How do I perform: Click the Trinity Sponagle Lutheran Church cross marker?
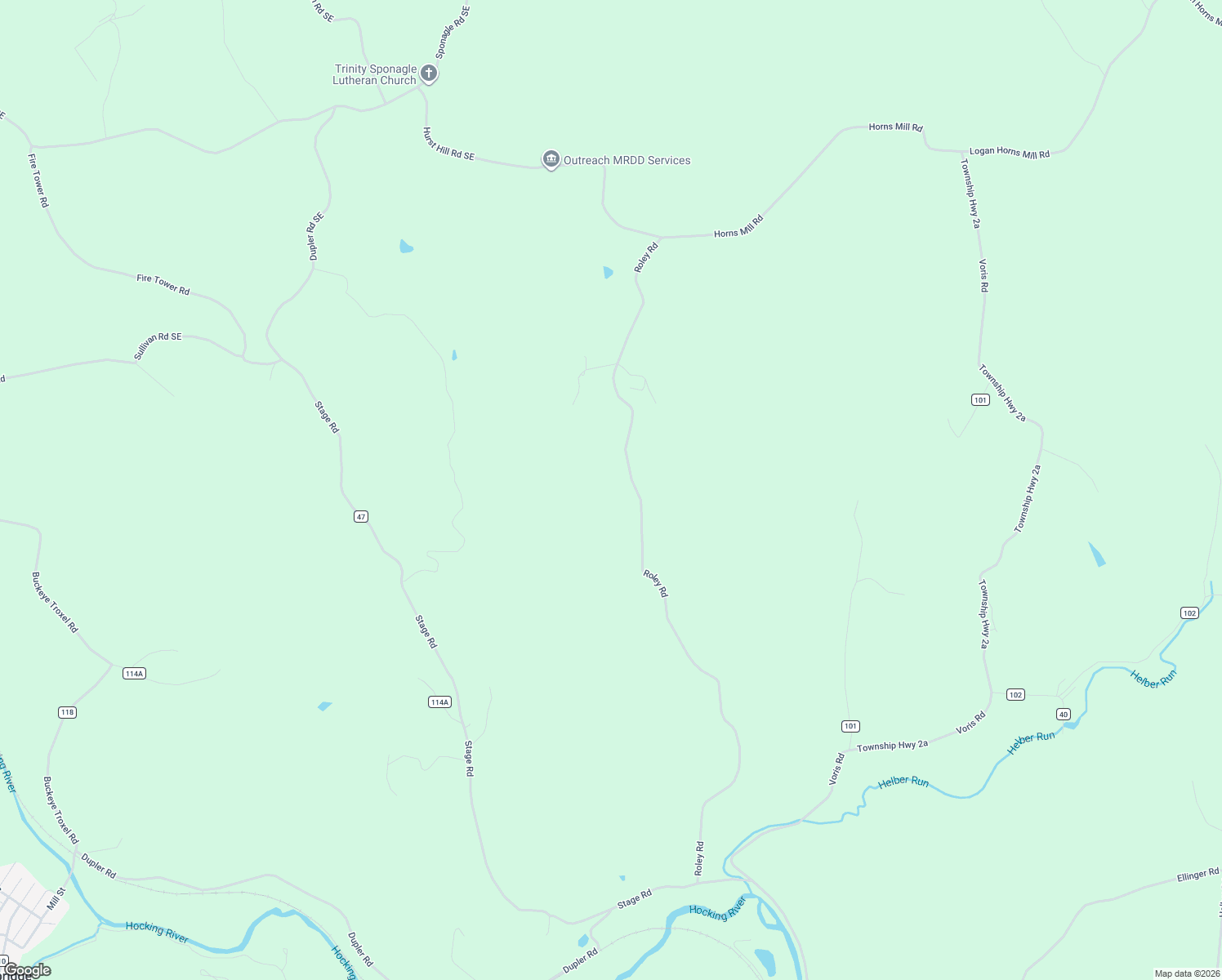coord(429,73)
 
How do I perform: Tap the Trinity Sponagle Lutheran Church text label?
coord(375,74)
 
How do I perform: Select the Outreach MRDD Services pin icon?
coord(551,159)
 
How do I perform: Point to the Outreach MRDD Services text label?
coord(627,161)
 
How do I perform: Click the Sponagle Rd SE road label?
coord(453,33)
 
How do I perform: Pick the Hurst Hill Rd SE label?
coord(448,144)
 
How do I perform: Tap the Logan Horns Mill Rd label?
coord(1009,153)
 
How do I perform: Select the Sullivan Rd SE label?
coord(158,346)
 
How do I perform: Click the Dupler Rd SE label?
coord(316,237)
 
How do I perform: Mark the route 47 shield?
coord(361,516)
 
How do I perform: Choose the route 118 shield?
coord(67,712)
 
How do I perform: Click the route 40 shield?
coord(1063,714)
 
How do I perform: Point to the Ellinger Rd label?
coord(1197,875)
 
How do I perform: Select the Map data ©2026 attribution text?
coord(1186,973)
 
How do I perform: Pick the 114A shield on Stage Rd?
coord(439,702)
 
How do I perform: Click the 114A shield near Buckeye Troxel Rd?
coord(134,674)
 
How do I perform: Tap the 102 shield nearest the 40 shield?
coord(1015,695)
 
